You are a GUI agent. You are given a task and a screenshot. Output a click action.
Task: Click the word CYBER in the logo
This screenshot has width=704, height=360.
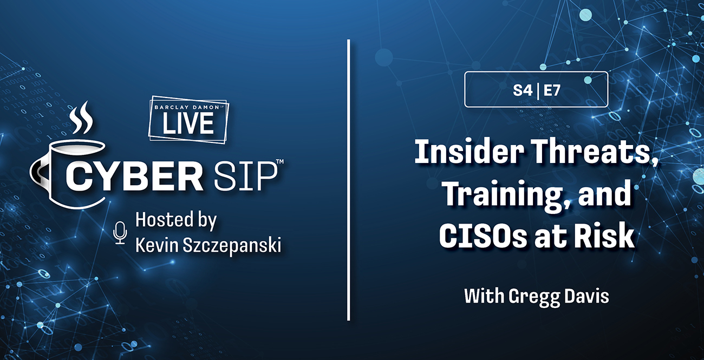134,177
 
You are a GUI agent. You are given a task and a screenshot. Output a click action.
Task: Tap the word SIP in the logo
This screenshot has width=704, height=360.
245,177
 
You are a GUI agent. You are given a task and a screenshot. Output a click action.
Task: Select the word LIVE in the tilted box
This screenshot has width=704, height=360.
188,123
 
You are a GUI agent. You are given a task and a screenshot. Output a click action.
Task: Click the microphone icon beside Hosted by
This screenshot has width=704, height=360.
120,233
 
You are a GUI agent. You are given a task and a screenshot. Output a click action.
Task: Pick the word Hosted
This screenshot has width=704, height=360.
164,219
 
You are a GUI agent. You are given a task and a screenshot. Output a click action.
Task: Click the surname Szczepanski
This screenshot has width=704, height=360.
232,245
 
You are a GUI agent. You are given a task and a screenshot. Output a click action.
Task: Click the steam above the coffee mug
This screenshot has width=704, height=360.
81,117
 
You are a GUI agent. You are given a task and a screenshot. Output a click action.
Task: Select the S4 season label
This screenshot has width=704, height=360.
523,90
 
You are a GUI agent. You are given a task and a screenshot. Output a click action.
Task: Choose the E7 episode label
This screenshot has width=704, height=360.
552,90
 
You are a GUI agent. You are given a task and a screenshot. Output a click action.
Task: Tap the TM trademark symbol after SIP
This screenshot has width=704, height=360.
280,161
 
